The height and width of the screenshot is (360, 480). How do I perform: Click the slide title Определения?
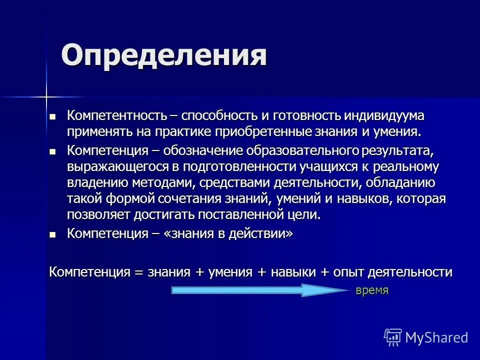(x=163, y=55)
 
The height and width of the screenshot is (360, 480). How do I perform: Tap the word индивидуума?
(x=384, y=116)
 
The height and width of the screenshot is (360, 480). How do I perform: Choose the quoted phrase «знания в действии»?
(x=231, y=233)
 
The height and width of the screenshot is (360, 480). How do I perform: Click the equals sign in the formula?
(x=138, y=272)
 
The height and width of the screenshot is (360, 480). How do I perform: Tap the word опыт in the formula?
(x=348, y=272)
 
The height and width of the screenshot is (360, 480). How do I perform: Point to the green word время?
(x=371, y=290)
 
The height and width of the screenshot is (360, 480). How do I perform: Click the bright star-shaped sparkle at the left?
(x=46, y=96)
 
